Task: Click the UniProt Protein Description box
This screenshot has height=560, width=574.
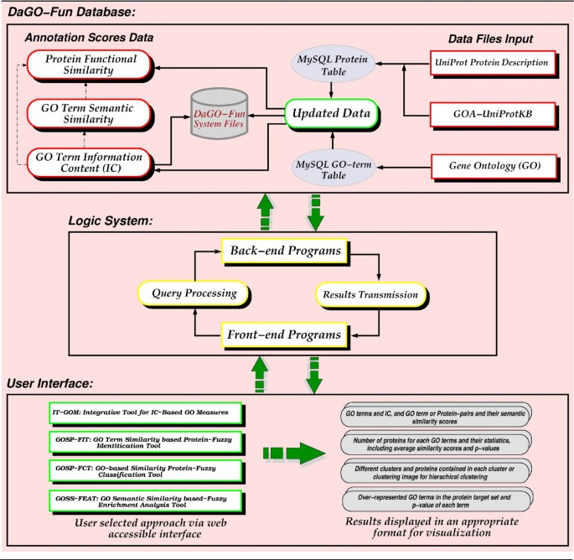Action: coord(493,63)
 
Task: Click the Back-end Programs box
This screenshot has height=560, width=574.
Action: coord(286,251)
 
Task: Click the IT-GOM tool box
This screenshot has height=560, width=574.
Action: coord(145,413)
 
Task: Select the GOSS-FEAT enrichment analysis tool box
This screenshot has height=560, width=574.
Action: coord(145,504)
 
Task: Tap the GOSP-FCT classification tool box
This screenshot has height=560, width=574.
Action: coord(145,473)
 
